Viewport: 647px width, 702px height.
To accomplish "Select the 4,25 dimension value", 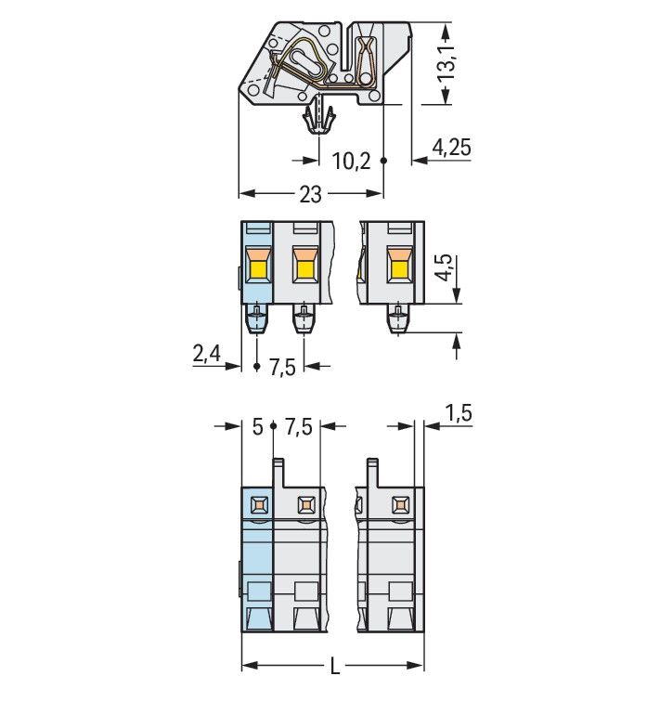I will point(452,146).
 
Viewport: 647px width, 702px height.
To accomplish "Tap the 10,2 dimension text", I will point(351,162).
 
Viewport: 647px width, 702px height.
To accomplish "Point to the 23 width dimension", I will point(310,194).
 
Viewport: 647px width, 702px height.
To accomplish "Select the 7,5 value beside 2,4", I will point(281,367).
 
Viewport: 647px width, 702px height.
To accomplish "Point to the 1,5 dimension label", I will point(458,413).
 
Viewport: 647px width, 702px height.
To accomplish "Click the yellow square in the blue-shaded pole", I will point(258,271).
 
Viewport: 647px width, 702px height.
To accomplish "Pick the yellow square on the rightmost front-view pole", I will point(399,271).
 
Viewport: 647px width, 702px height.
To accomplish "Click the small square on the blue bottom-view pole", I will point(258,505).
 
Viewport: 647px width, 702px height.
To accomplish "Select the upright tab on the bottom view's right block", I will point(372,474).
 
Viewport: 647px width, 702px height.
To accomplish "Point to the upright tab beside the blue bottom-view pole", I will point(278,474).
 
